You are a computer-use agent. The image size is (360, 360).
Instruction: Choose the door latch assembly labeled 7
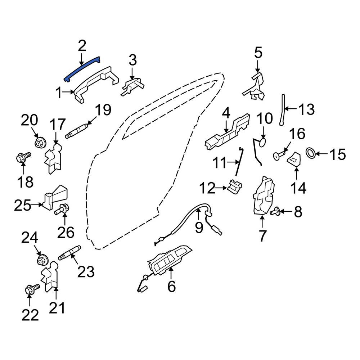tap(264, 196)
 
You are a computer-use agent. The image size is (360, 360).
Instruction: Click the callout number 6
tap(171, 286)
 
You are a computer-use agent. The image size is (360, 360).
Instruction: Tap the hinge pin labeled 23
tap(69, 253)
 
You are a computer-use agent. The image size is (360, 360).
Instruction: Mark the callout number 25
tap(22, 205)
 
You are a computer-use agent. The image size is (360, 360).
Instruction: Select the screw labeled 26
tap(62, 209)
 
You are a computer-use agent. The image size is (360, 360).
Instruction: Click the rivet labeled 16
tap(279, 155)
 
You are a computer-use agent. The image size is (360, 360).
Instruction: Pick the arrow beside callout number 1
tap(69, 92)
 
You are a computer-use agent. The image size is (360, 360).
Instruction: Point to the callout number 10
tap(265, 118)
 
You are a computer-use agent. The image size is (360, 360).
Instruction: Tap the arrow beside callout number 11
tap(233, 162)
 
